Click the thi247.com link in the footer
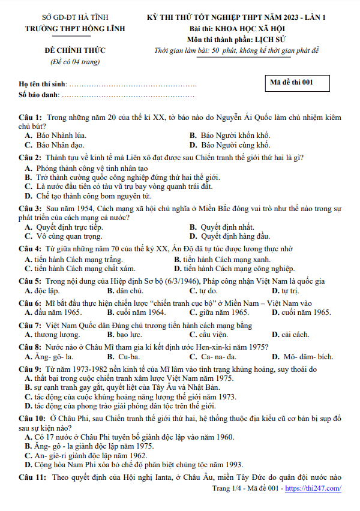pyautogui.click(x=313, y=488)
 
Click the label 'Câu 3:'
pyautogui.click(x=30, y=209)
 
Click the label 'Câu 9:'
pyautogui.click(x=30, y=369)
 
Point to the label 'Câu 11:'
pyautogui.click(x=32, y=477)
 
